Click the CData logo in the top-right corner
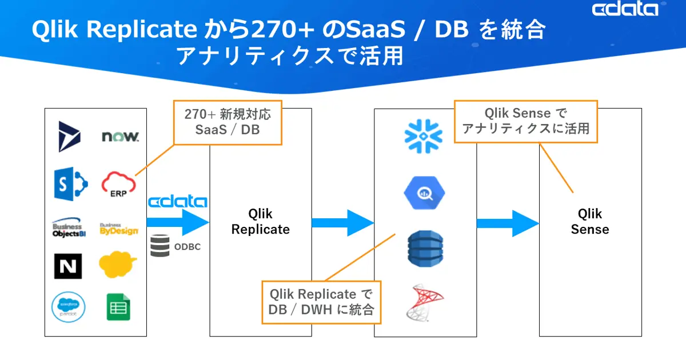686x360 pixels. coord(625,10)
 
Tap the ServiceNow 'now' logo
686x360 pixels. coord(120,137)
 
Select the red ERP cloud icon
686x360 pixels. coord(118,184)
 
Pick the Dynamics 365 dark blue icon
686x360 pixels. coord(70,137)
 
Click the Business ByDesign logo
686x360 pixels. coord(119,229)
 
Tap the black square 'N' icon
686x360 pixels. coord(68,266)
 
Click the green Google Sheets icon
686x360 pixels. coord(118,307)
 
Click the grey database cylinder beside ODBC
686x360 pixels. coord(160,246)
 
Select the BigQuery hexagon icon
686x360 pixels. coord(424,194)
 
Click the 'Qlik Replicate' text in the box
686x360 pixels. coord(260,222)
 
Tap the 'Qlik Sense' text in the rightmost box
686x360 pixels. coord(589,222)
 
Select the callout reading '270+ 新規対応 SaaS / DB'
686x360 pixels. coord(228,122)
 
